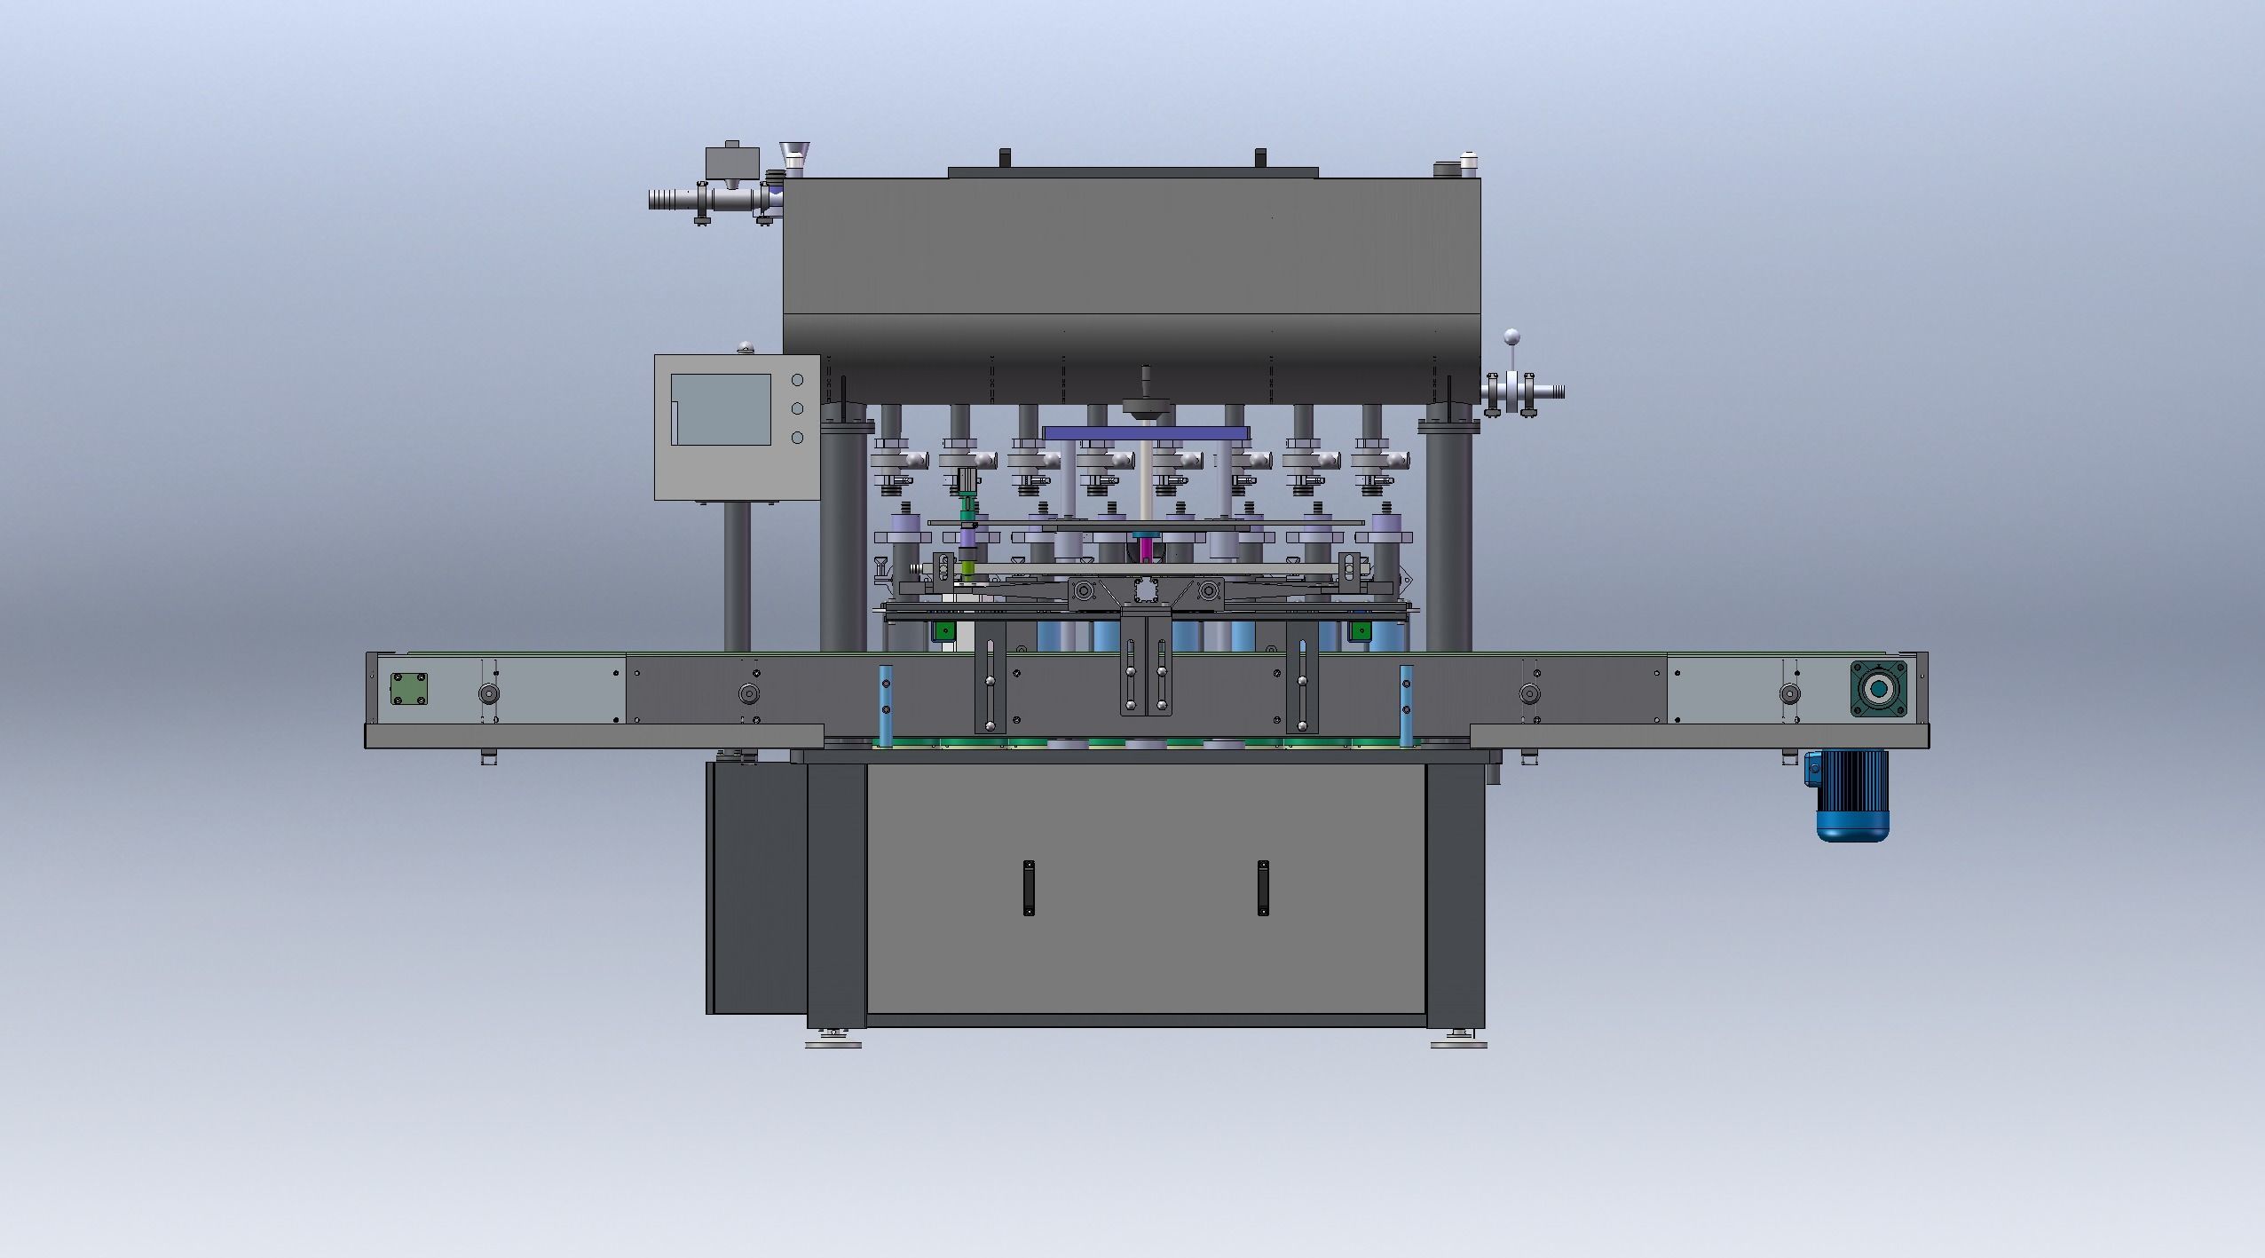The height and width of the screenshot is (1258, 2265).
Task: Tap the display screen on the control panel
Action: click(x=720, y=409)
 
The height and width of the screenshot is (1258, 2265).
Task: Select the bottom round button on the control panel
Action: click(x=797, y=438)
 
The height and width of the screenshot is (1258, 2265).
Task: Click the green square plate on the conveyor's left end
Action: click(x=409, y=690)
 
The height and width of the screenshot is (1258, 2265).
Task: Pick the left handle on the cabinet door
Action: click(x=1028, y=888)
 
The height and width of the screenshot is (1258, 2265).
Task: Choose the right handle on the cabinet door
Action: click(x=1262, y=888)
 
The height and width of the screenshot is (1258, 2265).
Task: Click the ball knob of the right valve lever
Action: click(x=1511, y=336)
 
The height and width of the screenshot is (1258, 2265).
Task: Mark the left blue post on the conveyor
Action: click(x=884, y=705)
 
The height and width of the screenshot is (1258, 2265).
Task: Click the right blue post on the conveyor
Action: click(x=1406, y=705)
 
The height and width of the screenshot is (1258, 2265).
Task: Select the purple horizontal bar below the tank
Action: click(x=1147, y=432)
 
